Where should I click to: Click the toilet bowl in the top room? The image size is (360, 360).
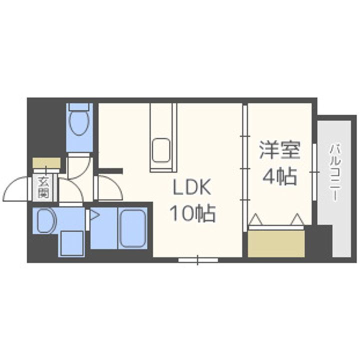tap(78, 123)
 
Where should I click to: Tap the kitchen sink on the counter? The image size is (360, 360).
tap(161, 149)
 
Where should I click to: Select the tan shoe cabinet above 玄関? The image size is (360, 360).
tap(46, 163)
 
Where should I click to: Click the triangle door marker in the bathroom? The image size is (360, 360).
tap(94, 216)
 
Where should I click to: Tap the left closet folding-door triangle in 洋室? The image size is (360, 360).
tap(256, 218)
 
